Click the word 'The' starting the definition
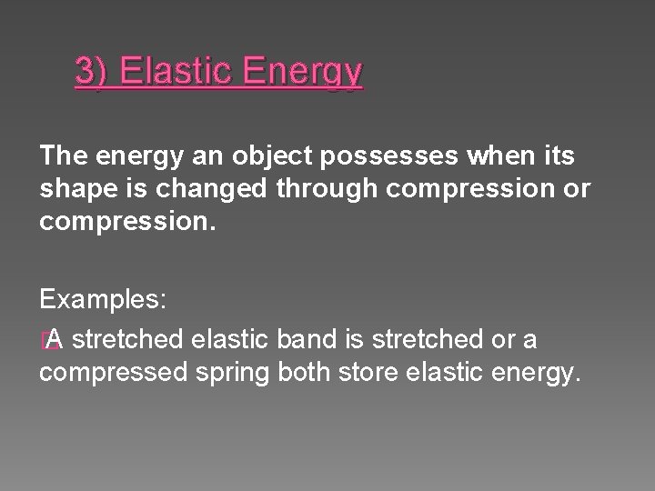61,156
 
